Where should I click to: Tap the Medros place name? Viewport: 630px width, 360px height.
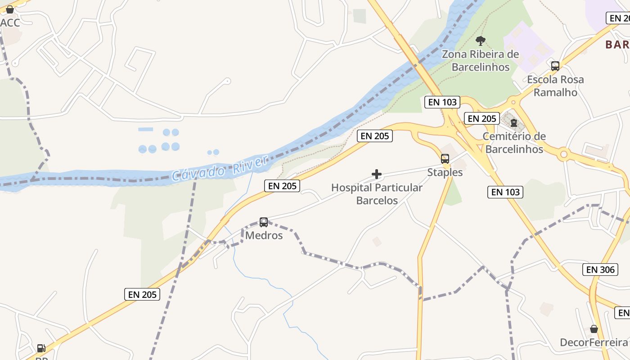264,235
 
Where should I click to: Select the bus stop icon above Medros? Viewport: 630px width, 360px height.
264,222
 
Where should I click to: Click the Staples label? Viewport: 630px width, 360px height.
445,172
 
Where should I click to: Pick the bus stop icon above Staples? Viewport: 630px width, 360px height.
445,158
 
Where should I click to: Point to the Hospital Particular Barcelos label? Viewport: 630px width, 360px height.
377,194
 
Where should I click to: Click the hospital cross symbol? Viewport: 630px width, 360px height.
377,174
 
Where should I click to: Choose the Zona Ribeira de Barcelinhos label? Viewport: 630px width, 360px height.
480,61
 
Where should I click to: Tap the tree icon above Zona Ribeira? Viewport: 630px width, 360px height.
481,41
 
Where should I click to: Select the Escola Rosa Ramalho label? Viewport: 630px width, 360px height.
555,86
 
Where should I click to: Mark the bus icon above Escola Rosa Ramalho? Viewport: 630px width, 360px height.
555,66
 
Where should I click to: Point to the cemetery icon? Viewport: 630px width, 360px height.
513,122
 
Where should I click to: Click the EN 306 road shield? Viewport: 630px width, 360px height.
600,270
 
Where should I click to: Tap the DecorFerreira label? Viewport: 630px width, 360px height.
594,342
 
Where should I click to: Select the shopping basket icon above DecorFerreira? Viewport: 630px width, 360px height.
594,329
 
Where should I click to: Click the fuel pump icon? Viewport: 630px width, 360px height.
41,348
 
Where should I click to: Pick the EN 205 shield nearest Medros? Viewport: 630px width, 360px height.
282,185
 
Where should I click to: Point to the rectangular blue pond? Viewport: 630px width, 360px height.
145,129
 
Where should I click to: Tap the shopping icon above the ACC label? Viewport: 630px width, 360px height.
9,9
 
